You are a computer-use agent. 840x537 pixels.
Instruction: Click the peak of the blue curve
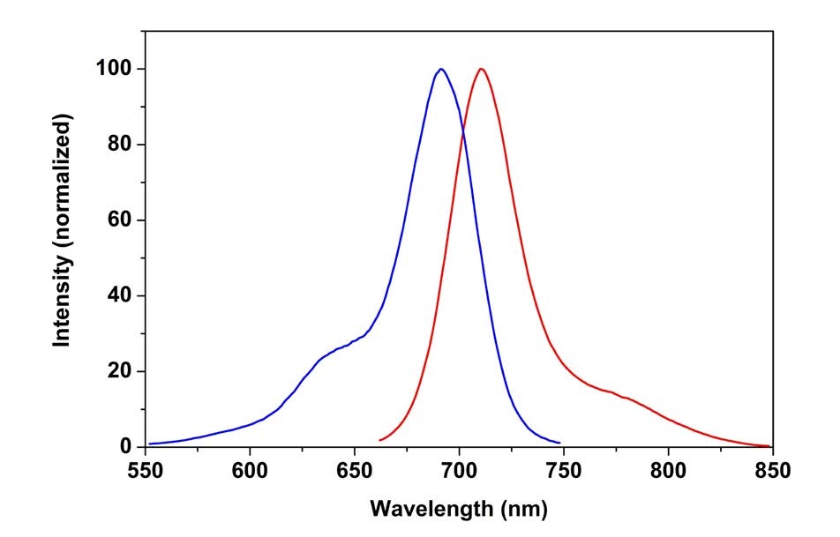coord(440,69)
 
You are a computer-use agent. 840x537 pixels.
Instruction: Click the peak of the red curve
coord(481,69)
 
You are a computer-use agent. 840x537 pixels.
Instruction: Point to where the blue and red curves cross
coord(461,131)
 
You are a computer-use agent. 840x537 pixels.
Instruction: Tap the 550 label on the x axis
coord(146,468)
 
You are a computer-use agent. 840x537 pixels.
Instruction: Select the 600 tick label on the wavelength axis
coord(250,468)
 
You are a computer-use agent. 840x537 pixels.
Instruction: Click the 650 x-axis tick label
coord(355,468)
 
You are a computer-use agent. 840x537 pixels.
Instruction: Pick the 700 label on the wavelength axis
coord(459,468)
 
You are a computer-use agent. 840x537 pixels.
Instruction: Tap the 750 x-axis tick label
coord(564,468)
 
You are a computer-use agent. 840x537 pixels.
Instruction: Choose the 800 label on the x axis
coord(668,468)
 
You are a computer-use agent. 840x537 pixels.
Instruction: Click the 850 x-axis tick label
coord(771,468)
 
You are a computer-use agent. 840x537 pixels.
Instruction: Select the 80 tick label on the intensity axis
coord(120,145)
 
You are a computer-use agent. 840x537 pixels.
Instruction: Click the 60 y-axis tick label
coord(120,220)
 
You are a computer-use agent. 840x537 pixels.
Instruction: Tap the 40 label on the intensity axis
coord(120,296)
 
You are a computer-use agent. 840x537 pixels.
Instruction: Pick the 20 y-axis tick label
coord(120,371)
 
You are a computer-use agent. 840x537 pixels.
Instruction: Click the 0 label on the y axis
coord(126,447)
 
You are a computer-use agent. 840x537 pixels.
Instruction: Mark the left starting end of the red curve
coord(380,440)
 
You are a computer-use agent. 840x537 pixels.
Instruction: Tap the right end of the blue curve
coord(559,443)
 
